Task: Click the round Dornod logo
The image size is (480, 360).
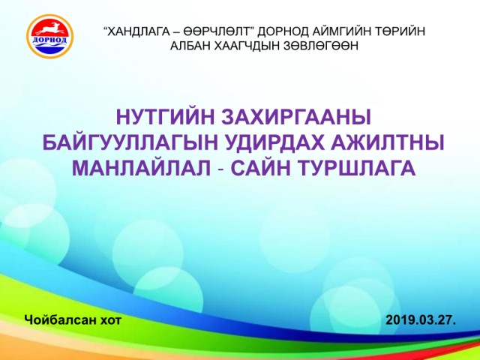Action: (x=50, y=37)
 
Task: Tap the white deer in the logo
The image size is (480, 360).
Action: (x=49, y=28)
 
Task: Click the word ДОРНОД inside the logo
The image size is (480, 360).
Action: (x=49, y=40)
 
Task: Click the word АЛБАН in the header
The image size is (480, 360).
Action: (x=190, y=46)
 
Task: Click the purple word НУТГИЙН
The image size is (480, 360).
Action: (x=165, y=117)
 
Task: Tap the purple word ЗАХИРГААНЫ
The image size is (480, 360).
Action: (x=296, y=117)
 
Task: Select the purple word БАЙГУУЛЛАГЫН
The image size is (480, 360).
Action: (x=131, y=142)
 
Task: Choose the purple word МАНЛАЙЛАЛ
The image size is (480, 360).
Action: (x=142, y=168)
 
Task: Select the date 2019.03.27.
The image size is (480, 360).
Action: (x=421, y=320)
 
